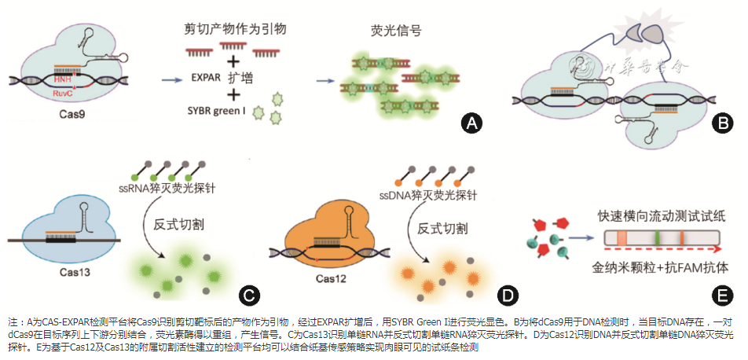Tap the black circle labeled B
click(720, 123)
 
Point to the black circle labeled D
click(508, 296)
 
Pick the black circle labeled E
click(720, 296)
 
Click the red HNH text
click(61, 81)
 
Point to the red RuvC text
click(61, 93)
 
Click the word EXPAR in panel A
click(206, 77)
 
